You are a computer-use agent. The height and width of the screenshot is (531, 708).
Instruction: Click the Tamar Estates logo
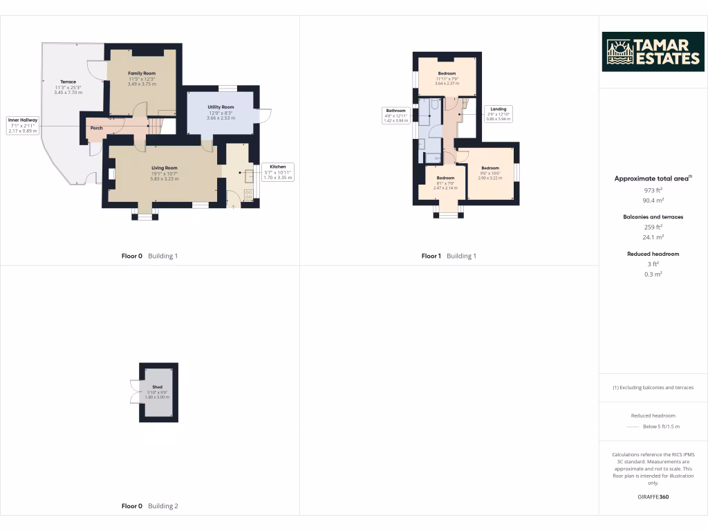[x=653, y=52]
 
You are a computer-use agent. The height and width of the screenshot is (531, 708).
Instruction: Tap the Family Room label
[x=142, y=73]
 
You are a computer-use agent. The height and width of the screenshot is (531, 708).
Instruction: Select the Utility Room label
[x=221, y=107]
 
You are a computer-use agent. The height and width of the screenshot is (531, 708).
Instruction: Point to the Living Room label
[x=165, y=168]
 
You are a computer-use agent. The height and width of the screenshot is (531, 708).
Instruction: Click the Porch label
[x=97, y=128]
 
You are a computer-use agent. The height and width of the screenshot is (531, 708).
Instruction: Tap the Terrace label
[x=68, y=82]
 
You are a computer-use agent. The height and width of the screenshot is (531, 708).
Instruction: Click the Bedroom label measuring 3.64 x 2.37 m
[x=447, y=73]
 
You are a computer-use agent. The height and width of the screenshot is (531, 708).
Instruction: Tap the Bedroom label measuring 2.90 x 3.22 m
[x=490, y=168]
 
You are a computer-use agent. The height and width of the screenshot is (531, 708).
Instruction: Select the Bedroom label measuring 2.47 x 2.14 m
[x=445, y=178]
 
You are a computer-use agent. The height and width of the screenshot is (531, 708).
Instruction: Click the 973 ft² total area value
[x=653, y=190]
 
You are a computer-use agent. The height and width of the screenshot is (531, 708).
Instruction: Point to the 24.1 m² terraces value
[x=653, y=237]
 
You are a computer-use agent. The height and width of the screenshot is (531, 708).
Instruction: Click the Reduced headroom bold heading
[x=653, y=254]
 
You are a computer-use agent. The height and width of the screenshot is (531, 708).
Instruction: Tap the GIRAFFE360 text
[x=653, y=496]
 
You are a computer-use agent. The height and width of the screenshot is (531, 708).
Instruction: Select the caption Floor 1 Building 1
[x=449, y=256]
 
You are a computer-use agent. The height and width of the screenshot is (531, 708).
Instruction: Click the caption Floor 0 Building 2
[x=149, y=506]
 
